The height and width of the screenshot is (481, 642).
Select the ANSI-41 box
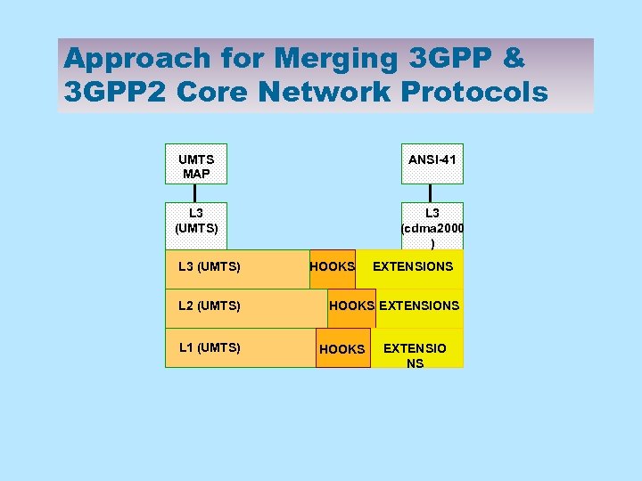[432, 160]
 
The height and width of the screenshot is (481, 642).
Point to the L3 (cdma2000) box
[432, 228]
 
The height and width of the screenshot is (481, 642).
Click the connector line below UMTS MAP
[195, 193]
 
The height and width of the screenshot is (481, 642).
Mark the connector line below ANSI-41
[431, 193]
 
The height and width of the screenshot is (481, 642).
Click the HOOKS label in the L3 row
[332, 266]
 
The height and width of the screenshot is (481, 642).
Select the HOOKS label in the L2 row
[351, 306]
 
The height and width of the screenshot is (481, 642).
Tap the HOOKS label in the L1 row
[342, 349]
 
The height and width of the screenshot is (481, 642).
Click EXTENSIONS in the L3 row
[413, 266]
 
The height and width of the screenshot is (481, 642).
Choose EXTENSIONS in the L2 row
[419, 306]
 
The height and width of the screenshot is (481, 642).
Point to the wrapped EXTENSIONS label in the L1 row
[415, 355]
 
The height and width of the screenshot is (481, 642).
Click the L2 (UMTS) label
[210, 306]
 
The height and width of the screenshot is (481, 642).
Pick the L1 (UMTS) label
[210, 347]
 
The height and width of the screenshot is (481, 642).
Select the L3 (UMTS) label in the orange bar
[210, 266]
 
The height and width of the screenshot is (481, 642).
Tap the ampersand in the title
[514, 59]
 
